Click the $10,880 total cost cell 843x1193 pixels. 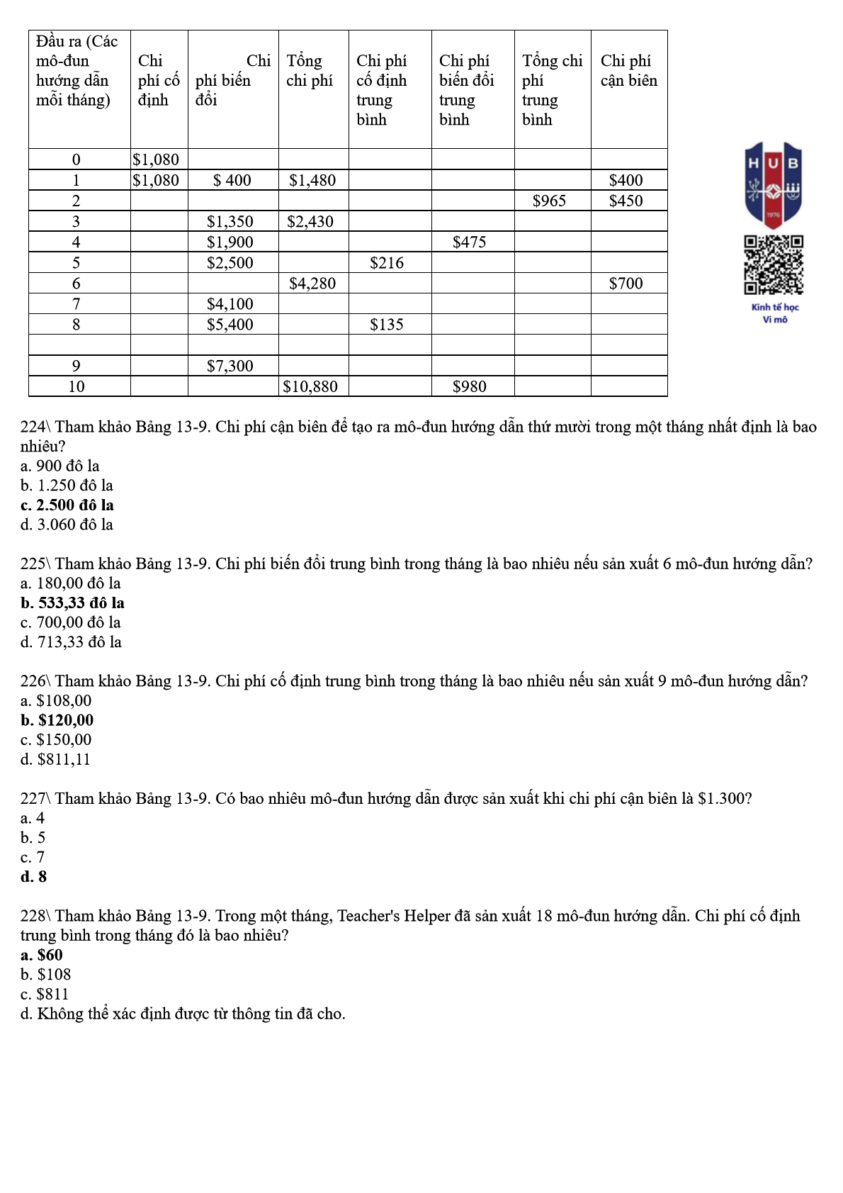(x=310, y=386)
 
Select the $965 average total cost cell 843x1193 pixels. (x=549, y=201)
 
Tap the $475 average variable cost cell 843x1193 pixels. (x=469, y=242)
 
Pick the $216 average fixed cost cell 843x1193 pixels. (x=387, y=263)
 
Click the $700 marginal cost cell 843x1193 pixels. (x=626, y=284)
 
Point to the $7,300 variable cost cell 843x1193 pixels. (x=230, y=366)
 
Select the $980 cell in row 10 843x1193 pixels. (x=469, y=386)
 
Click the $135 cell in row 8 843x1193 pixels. (x=387, y=325)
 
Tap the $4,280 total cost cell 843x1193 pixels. (x=312, y=284)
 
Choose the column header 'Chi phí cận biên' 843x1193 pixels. (x=628, y=71)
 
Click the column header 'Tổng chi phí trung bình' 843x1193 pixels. (x=552, y=89)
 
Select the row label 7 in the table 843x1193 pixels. (x=77, y=304)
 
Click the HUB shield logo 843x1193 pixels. (x=773, y=183)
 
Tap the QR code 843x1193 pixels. (x=773, y=265)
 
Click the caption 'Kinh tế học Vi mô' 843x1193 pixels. (x=775, y=313)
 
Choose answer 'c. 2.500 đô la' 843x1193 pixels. (x=67, y=505)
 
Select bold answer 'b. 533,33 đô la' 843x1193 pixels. (x=72, y=603)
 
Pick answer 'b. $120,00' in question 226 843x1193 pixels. (x=57, y=720)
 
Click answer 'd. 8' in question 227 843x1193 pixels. (x=34, y=877)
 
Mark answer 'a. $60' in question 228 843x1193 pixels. (x=42, y=955)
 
